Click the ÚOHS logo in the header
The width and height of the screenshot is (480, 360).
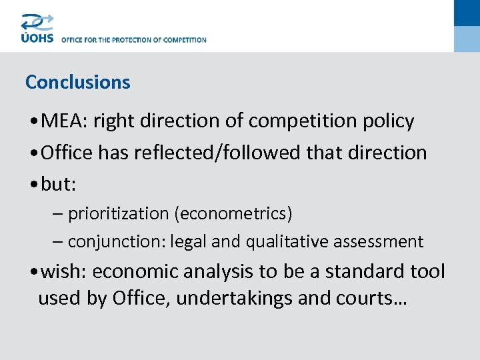37,29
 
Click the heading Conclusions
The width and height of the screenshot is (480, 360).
77,82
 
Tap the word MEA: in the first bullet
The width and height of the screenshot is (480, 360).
64,121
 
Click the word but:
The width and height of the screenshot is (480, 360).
59,184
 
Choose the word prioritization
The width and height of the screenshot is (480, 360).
118,214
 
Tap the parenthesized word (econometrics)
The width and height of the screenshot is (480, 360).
233,214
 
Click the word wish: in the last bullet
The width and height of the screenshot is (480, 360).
64,272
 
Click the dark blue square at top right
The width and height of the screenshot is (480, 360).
467,13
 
